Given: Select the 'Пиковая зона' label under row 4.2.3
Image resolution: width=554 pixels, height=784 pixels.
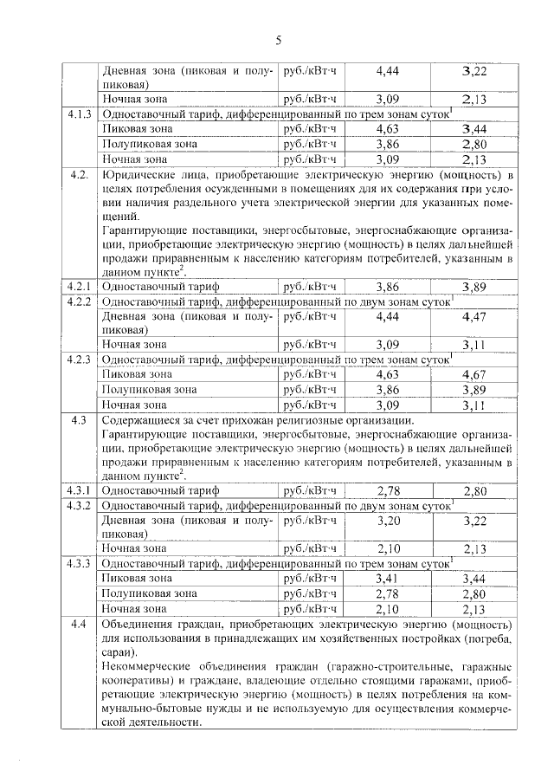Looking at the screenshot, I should click(137, 374).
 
